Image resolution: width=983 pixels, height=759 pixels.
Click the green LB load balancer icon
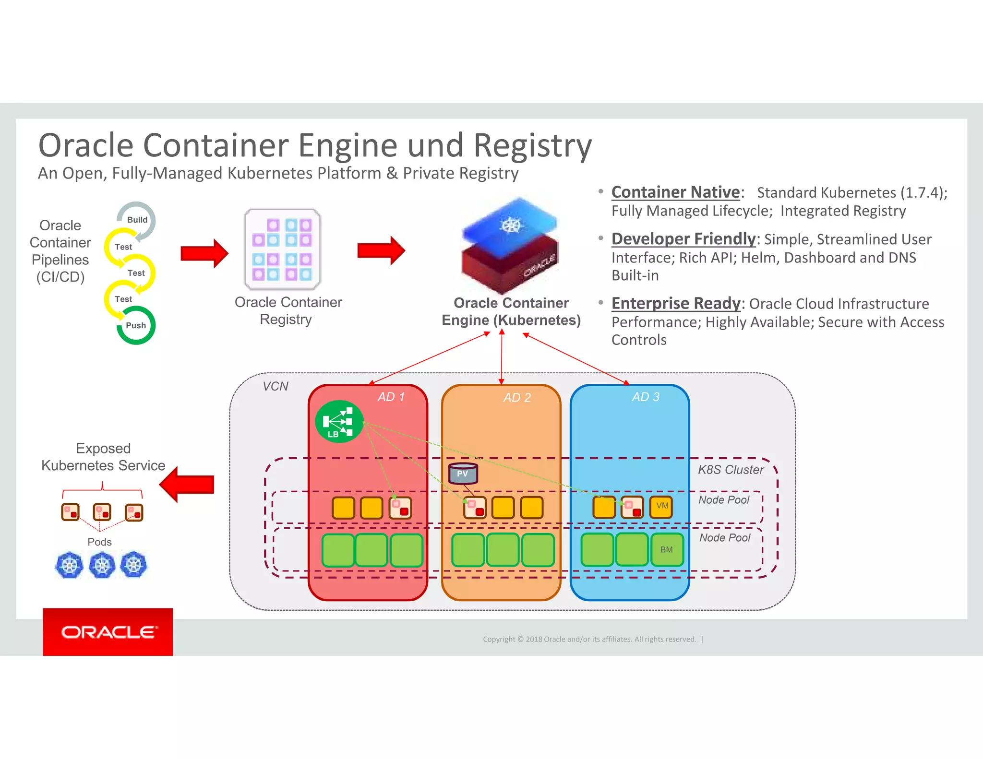click(x=339, y=421)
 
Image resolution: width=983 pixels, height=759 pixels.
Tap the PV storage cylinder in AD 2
click(x=463, y=474)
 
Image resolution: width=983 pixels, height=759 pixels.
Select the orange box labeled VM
click(x=661, y=506)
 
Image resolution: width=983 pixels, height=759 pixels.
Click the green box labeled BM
click(x=667, y=550)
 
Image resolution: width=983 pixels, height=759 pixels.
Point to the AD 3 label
click(x=646, y=397)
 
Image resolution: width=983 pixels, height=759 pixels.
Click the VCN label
click(x=276, y=386)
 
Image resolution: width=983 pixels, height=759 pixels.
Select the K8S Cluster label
click(x=731, y=470)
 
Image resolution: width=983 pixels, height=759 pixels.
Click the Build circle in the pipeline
click(x=137, y=220)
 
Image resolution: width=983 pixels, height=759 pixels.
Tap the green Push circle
click(x=136, y=325)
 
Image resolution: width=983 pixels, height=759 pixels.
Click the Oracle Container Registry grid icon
click(x=282, y=249)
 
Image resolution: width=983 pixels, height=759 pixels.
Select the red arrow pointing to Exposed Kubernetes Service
click(x=187, y=484)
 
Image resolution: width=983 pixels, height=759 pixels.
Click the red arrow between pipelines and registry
click(x=204, y=253)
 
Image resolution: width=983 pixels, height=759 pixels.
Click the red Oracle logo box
click(x=108, y=632)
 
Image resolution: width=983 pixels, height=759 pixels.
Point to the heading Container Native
click(x=675, y=192)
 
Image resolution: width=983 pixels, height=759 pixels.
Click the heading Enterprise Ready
click(x=676, y=303)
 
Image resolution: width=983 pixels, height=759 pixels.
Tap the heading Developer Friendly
click(x=683, y=239)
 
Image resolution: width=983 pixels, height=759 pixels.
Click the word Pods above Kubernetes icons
click(x=99, y=542)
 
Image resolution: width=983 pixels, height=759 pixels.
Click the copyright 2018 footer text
click(x=589, y=639)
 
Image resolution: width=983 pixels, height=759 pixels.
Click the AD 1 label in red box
click(x=391, y=397)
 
